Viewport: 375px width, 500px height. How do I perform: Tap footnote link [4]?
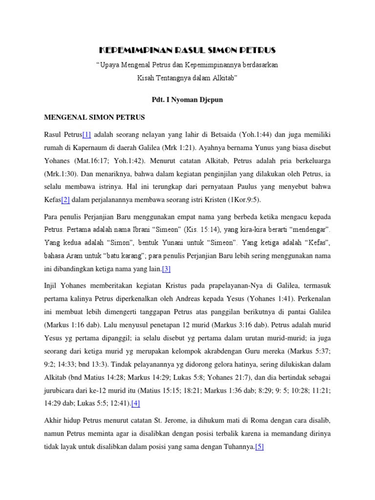tap(136, 403)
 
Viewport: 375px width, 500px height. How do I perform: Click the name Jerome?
tap(175, 420)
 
